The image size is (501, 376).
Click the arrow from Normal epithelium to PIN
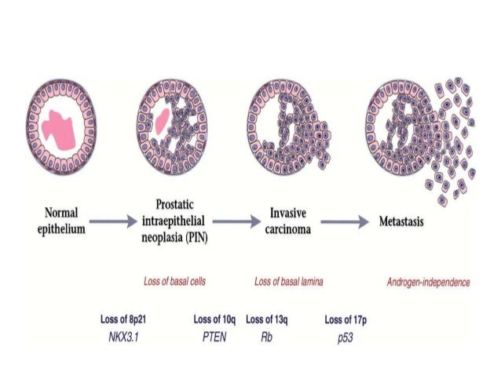(x=112, y=223)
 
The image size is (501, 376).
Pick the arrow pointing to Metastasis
(x=346, y=223)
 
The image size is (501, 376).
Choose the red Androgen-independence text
(x=428, y=280)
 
